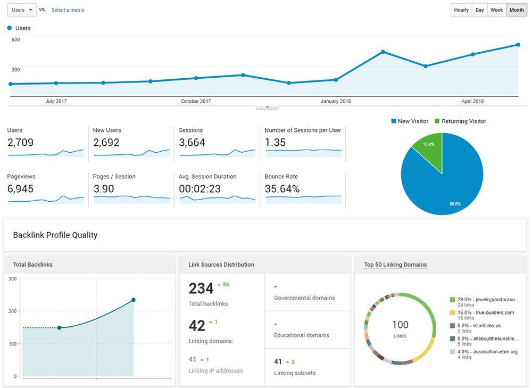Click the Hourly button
[461, 10]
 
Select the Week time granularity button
[496, 10]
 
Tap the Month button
[517, 10]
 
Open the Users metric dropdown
[22, 10]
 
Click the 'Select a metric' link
[68, 10]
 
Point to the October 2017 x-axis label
[196, 101]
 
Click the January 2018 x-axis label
[336, 101]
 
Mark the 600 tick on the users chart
[15, 39]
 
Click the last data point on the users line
[518, 45]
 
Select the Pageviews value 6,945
[20, 189]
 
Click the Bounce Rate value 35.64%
[282, 189]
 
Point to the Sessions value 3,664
[192, 143]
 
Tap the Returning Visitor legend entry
[460, 121]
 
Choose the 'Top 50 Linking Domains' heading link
[395, 265]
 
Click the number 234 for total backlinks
[201, 288]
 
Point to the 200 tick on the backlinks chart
[13, 311]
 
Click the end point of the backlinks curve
[134, 300]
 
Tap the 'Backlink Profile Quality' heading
[55, 235]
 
